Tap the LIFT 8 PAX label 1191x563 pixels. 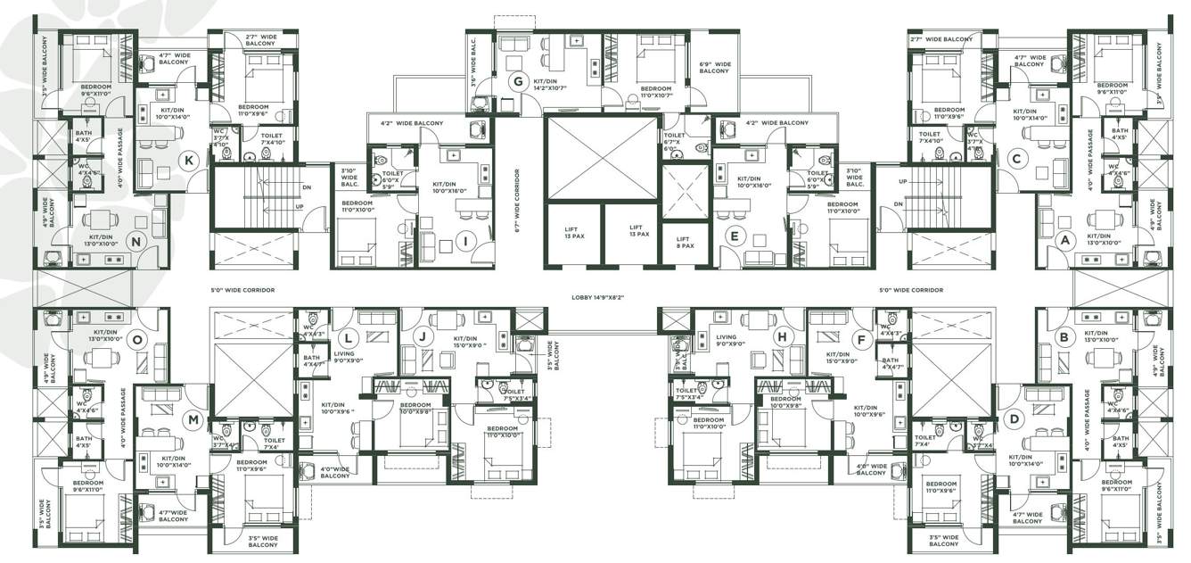pos(684,242)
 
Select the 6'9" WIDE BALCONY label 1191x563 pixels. pos(715,68)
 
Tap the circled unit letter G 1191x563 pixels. pos(516,82)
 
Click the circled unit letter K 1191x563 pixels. pos(187,161)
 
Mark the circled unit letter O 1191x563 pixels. pos(136,339)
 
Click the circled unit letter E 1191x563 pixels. pos(734,236)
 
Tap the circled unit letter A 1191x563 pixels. pos(1063,239)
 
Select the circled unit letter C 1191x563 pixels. pos(1014,160)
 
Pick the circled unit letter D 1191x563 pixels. pos(1012,418)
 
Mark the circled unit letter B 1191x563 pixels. pos(1063,337)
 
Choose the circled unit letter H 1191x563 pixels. pos(782,336)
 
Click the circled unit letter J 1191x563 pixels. pos(423,336)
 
